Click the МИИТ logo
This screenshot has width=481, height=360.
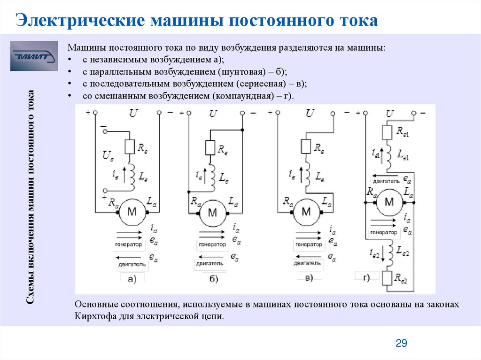34,56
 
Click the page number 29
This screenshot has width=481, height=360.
401,344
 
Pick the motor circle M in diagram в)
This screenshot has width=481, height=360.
306,212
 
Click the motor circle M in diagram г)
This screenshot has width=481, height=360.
389,202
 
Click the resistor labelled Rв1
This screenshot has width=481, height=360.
387,133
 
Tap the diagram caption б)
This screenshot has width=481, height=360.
213,279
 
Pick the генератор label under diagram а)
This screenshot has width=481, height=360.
128,245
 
